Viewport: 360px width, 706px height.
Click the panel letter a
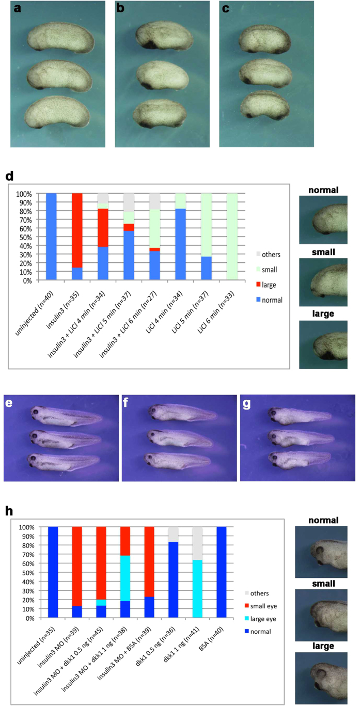(x=18, y=10)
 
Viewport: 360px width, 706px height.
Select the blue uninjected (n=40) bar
(x=51, y=237)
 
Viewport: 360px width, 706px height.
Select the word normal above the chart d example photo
(x=324, y=190)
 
